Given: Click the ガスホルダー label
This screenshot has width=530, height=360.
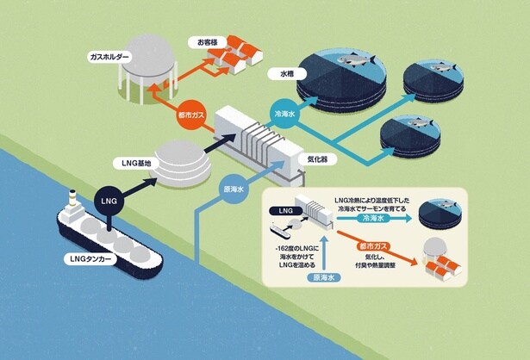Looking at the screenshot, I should pyautogui.click(x=109, y=56).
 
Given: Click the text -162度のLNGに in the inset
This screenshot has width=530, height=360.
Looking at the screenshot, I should pyautogui.click(x=292, y=248).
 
